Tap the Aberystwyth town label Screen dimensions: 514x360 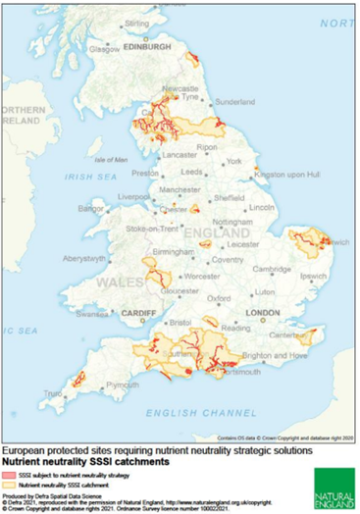pos(84,258)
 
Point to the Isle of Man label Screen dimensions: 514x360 pos(111,159)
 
